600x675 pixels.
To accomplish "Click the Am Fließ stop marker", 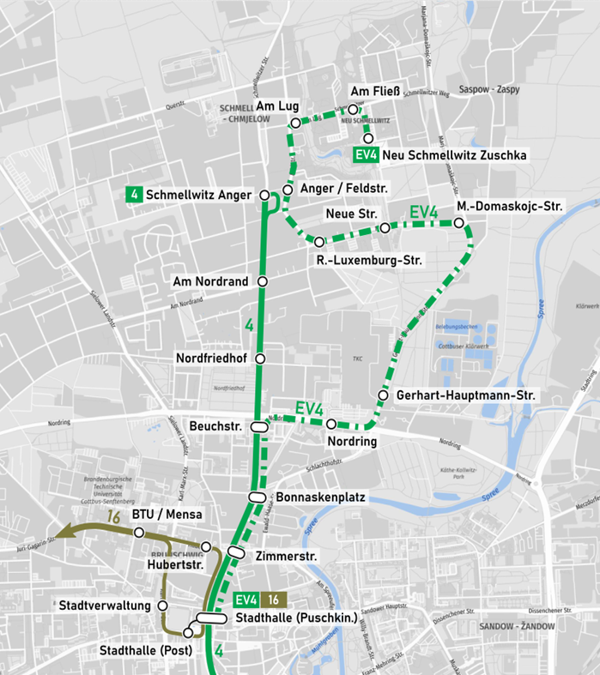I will pyautogui.click(x=352, y=110).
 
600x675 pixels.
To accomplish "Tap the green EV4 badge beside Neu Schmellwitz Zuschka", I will pyautogui.click(x=367, y=155).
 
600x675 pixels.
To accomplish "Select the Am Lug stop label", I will pyautogui.click(x=277, y=105).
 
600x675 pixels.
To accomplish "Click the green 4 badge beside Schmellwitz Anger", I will pyautogui.click(x=133, y=195).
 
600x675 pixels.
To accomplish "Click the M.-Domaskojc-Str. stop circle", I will pyautogui.click(x=459, y=224).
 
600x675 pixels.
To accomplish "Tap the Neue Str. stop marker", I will pyautogui.click(x=385, y=228).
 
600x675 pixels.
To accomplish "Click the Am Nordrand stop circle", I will pyautogui.click(x=263, y=281).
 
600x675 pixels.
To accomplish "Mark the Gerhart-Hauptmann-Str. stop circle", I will pyautogui.click(x=383, y=395).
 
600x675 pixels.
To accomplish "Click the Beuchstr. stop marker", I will pyautogui.click(x=258, y=426).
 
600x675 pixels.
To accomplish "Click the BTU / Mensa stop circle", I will pyautogui.click(x=139, y=533).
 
